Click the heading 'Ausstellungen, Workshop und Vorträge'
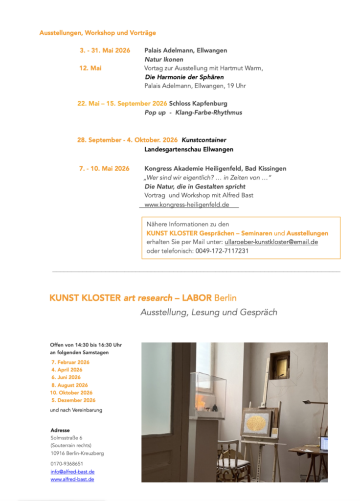(97, 33)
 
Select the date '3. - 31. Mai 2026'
(105, 50)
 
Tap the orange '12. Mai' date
(90, 68)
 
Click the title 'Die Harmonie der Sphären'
(184, 77)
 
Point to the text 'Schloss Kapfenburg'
(198, 104)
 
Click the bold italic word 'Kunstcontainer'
(204, 140)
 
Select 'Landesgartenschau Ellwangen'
(189, 149)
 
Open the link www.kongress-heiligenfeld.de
(187, 205)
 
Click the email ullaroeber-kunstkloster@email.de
(271, 242)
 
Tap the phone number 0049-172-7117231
(222, 251)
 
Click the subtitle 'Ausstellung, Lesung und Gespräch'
(209, 312)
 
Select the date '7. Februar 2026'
(70, 362)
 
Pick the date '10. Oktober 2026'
(71, 392)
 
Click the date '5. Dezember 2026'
(73, 400)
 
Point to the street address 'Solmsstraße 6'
(67, 438)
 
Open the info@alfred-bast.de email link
(72, 472)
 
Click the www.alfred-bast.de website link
(72, 479)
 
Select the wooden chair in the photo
(228, 460)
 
